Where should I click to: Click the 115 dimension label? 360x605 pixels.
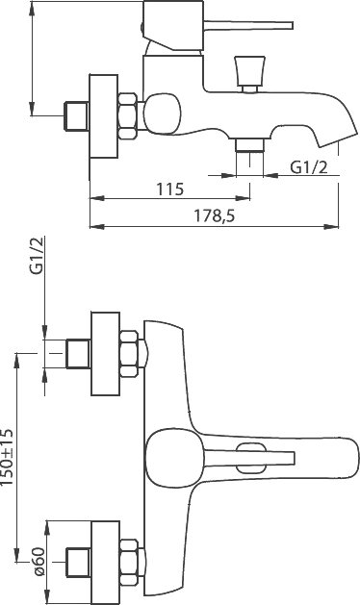(170, 189)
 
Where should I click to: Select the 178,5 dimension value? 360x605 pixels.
(214, 216)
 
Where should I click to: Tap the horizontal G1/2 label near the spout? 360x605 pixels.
(309, 167)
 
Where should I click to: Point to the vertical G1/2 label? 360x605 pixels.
(38, 256)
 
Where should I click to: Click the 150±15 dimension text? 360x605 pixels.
(8, 457)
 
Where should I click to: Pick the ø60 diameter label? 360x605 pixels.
(39, 562)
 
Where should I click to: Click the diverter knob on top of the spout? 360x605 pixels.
(249, 73)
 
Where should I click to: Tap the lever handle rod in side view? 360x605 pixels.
(248, 25)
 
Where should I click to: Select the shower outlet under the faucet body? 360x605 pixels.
(250, 145)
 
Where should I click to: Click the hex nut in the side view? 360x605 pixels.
(128, 115)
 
